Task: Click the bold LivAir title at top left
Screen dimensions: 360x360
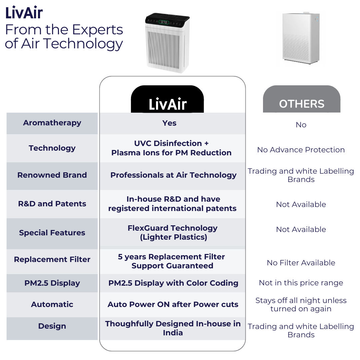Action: click(24, 13)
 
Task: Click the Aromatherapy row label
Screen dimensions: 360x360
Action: click(52, 123)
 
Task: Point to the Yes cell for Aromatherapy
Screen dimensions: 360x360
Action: click(169, 123)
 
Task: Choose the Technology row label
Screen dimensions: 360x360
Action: click(52, 148)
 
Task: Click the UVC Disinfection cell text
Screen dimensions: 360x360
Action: click(171, 148)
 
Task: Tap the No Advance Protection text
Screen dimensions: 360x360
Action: click(301, 150)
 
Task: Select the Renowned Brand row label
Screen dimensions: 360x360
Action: click(52, 175)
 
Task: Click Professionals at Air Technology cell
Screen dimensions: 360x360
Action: click(173, 175)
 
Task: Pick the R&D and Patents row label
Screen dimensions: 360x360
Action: click(52, 204)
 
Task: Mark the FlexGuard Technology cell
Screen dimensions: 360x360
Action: click(172, 233)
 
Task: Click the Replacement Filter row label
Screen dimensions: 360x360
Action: click(52, 260)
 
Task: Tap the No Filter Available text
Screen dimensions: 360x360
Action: click(301, 263)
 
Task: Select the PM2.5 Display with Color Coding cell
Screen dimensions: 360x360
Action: click(173, 283)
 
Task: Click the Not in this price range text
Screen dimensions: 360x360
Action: click(301, 283)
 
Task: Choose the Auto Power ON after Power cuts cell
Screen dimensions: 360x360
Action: click(173, 305)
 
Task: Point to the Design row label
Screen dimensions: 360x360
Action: click(52, 326)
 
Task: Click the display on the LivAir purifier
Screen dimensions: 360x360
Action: click(164, 22)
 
